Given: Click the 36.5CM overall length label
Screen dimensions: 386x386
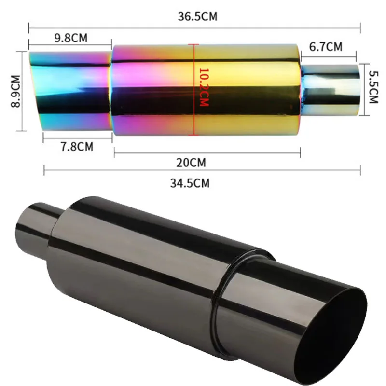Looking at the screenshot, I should (x=197, y=16).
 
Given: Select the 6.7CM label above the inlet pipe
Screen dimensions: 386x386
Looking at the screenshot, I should (x=326, y=47).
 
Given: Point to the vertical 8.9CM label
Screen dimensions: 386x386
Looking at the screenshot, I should (x=16, y=91).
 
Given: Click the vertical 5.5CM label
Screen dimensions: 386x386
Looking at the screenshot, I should (x=372, y=89).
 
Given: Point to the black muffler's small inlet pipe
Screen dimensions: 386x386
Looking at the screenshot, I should (x=36, y=227).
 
